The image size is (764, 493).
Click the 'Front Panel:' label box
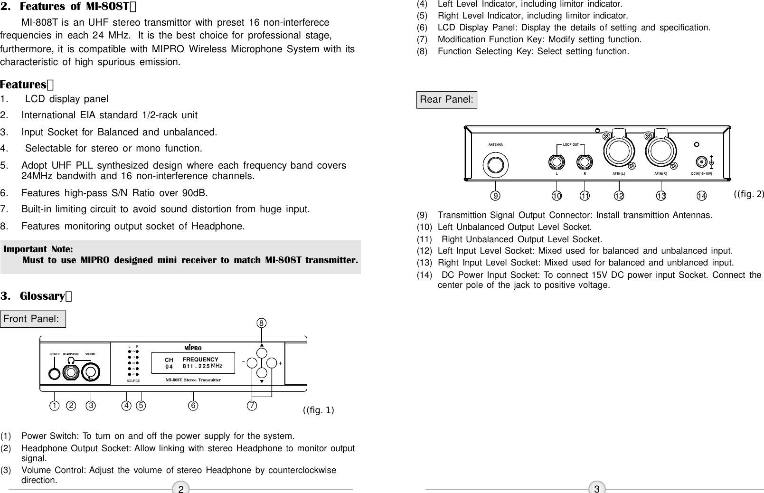32,319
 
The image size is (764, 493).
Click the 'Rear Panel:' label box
446,100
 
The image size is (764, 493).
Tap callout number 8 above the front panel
261,323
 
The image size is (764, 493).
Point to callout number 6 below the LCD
193,406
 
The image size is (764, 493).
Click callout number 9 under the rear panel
495,195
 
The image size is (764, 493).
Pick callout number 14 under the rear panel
701,195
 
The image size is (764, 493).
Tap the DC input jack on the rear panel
702,161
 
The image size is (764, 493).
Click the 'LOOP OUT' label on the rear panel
570,144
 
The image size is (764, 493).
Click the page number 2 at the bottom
180,489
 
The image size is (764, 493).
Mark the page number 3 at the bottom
597,489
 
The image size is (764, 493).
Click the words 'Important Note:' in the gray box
38,249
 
